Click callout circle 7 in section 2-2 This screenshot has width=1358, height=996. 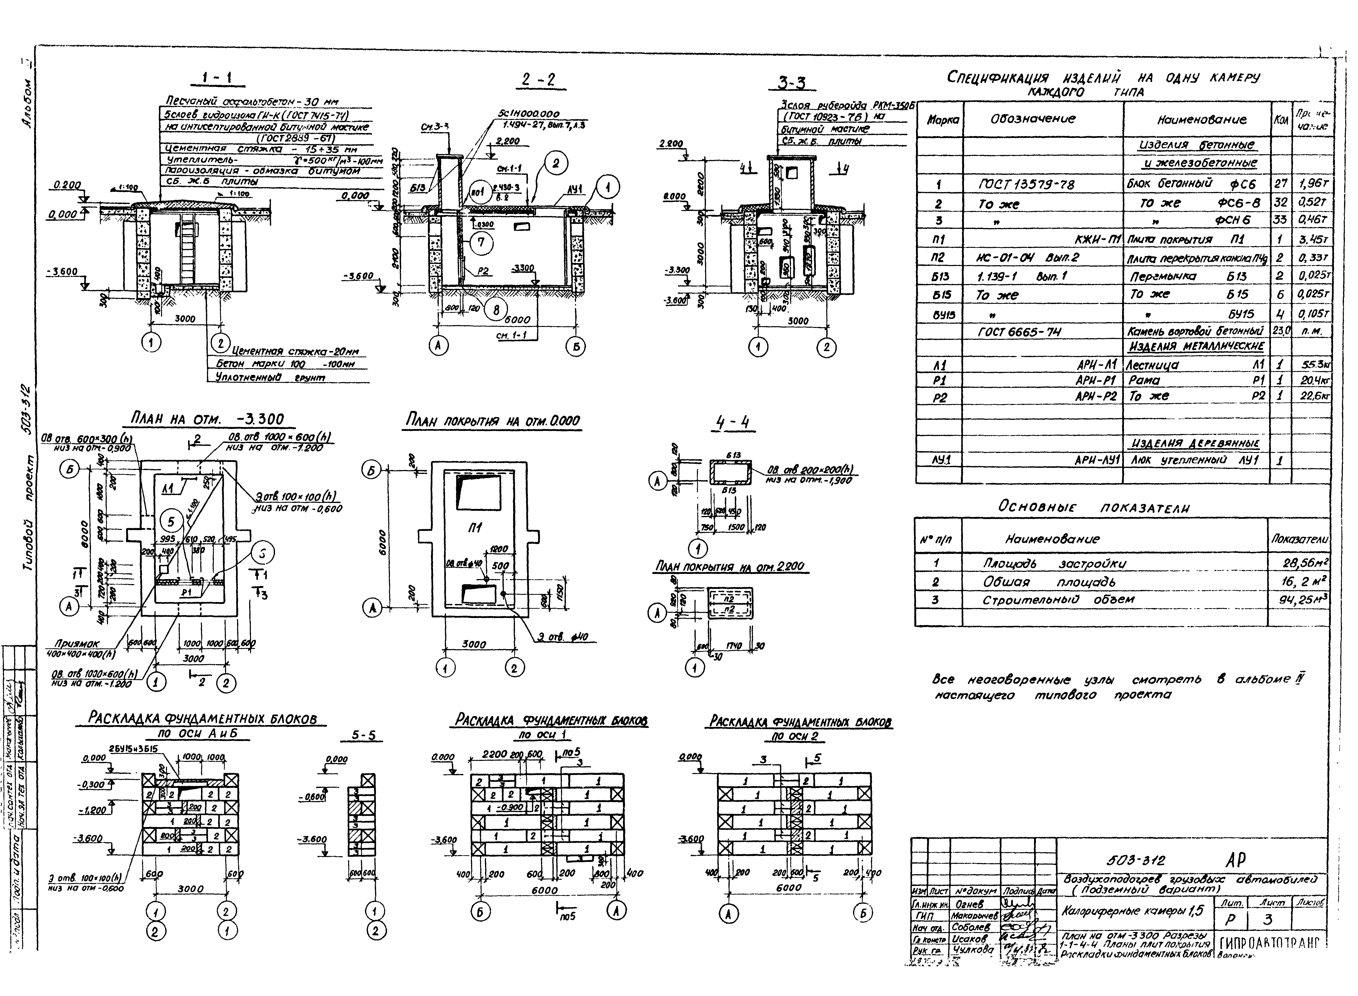click(x=480, y=244)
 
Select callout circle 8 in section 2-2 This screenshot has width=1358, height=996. click(x=496, y=310)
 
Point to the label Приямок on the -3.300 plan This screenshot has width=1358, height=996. click(x=77, y=644)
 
